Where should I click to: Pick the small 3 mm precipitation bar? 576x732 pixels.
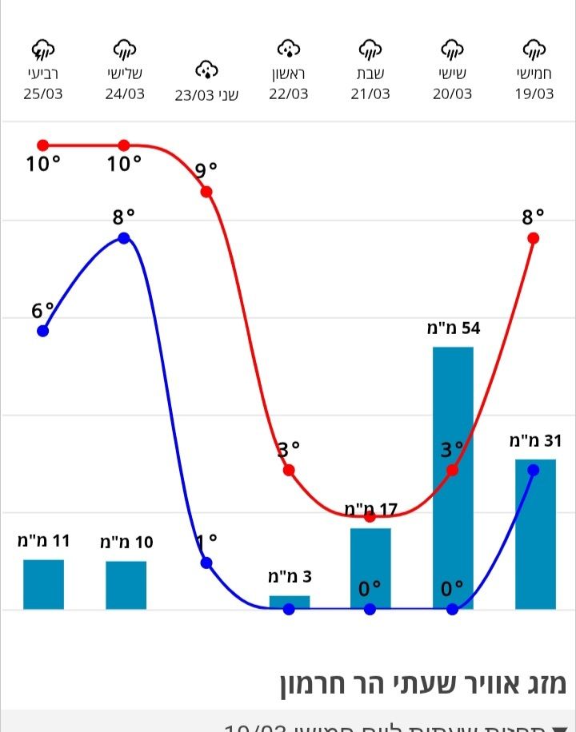click(x=289, y=603)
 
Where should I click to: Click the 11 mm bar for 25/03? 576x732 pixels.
click(x=43, y=584)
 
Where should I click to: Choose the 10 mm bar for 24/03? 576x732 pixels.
click(x=126, y=585)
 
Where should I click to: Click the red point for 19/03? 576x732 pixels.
click(x=534, y=238)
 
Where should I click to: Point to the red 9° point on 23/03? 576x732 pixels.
click(x=206, y=192)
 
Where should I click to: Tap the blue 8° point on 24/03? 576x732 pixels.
click(x=124, y=238)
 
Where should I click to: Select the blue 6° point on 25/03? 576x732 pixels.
click(x=43, y=331)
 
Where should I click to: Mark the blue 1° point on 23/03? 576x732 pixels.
click(x=206, y=563)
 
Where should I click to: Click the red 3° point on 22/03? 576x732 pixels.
click(x=289, y=470)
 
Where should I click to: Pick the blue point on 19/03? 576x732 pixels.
click(x=534, y=470)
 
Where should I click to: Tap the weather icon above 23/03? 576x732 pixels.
click(x=207, y=70)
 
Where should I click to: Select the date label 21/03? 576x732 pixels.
click(x=370, y=94)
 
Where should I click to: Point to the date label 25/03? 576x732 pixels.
click(x=43, y=94)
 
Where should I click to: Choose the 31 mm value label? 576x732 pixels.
click(x=534, y=440)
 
